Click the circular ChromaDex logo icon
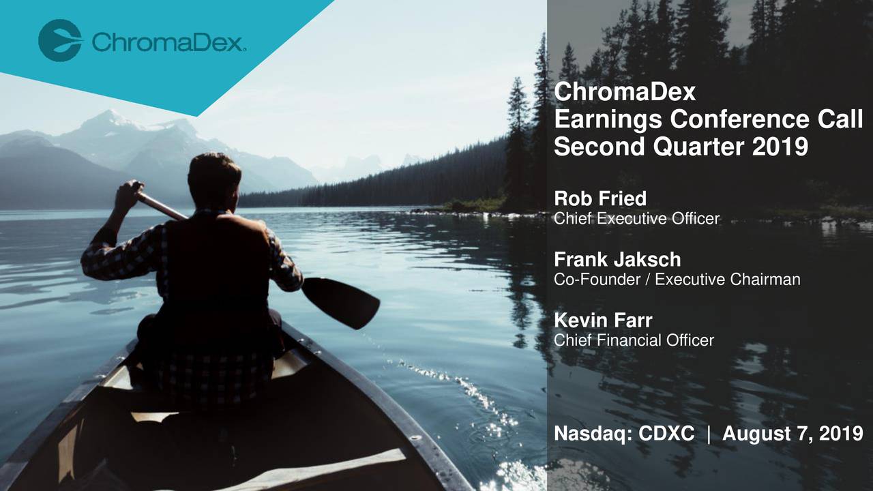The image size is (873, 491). tap(60, 40)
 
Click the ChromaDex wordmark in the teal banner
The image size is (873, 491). tap(168, 44)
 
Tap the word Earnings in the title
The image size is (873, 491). tap(608, 120)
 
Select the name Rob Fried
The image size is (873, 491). tap(600, 198)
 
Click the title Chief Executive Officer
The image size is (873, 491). tap(636, 218)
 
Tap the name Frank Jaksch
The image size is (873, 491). tap(617, 259)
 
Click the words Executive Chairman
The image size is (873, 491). tap(727, 279)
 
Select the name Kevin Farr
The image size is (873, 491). tap(603, 320)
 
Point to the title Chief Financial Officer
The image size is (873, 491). tap(634, 340)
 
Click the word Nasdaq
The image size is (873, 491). tap(589, 433)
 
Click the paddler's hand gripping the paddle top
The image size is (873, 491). tap(130, 192)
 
